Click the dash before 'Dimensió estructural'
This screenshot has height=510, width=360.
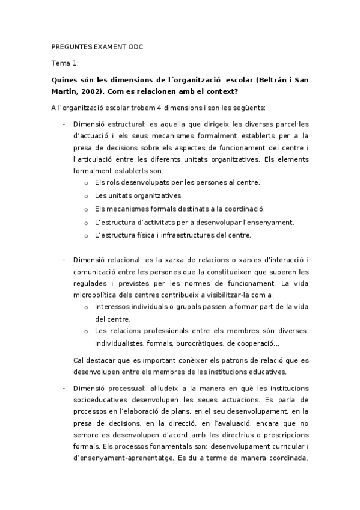coord(64,124)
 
